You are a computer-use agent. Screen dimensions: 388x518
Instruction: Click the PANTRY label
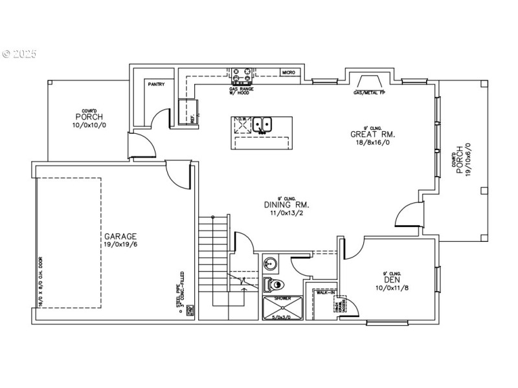click(x=156, y=84)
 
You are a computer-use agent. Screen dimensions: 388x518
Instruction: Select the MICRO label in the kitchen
click(x=288, y=73)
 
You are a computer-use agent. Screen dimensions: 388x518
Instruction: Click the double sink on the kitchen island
click(x=263, y=124)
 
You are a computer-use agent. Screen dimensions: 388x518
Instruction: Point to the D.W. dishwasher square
click(x=242, y=125)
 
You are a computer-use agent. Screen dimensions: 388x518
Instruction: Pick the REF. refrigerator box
click(x=188, y=111)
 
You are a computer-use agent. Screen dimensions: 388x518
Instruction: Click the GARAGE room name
click(x=120, y=237)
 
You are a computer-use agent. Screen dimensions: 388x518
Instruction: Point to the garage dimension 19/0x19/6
click(x=120, y=246)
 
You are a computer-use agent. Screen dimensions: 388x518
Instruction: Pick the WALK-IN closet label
click(x=324, y=293)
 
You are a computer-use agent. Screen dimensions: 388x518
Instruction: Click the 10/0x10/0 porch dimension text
click(x=90, y=124)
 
